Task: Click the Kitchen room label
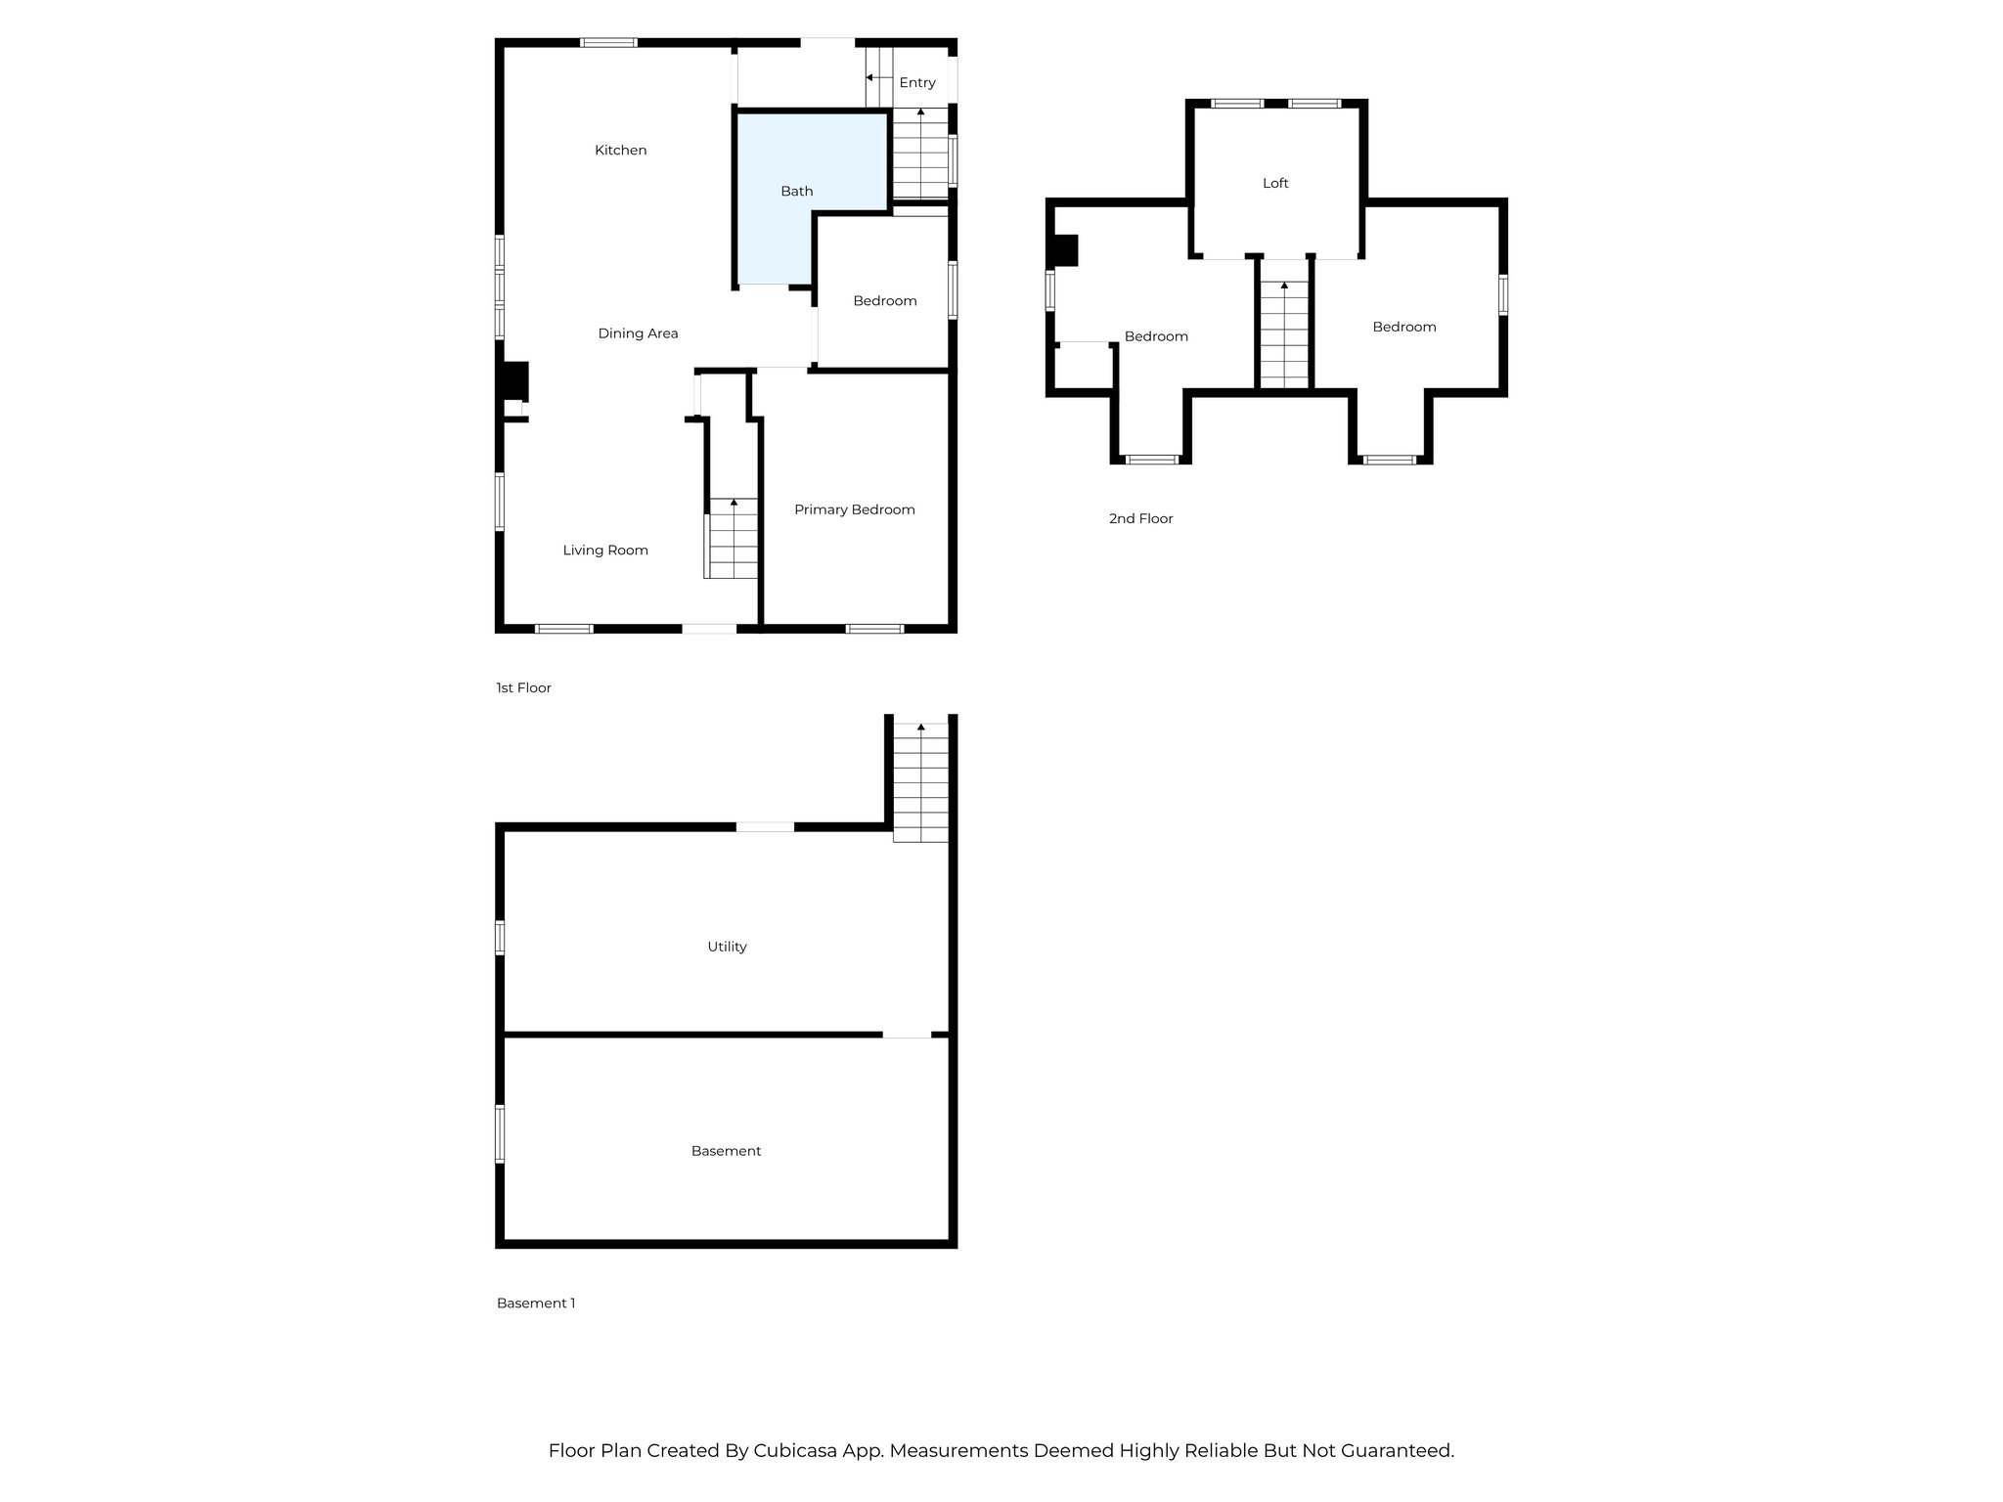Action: (620, 151)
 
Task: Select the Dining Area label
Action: (638, 333)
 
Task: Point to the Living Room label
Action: (605, 551)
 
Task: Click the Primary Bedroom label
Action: (854, 509)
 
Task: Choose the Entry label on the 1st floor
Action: (916, 83)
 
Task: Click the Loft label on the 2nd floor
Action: (1275, 184)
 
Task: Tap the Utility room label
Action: (727, 947)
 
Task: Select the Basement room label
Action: (726, 1151)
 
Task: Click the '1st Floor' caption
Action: (523, 688)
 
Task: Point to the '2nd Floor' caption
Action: (1140, 519)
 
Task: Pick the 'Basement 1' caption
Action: (535, 1303)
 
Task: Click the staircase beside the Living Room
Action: (732, 539)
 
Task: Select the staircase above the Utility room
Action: (920, 783)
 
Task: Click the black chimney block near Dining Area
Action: (514, 381)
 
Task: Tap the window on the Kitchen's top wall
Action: (608, 43)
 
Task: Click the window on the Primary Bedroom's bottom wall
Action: (874, 629)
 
